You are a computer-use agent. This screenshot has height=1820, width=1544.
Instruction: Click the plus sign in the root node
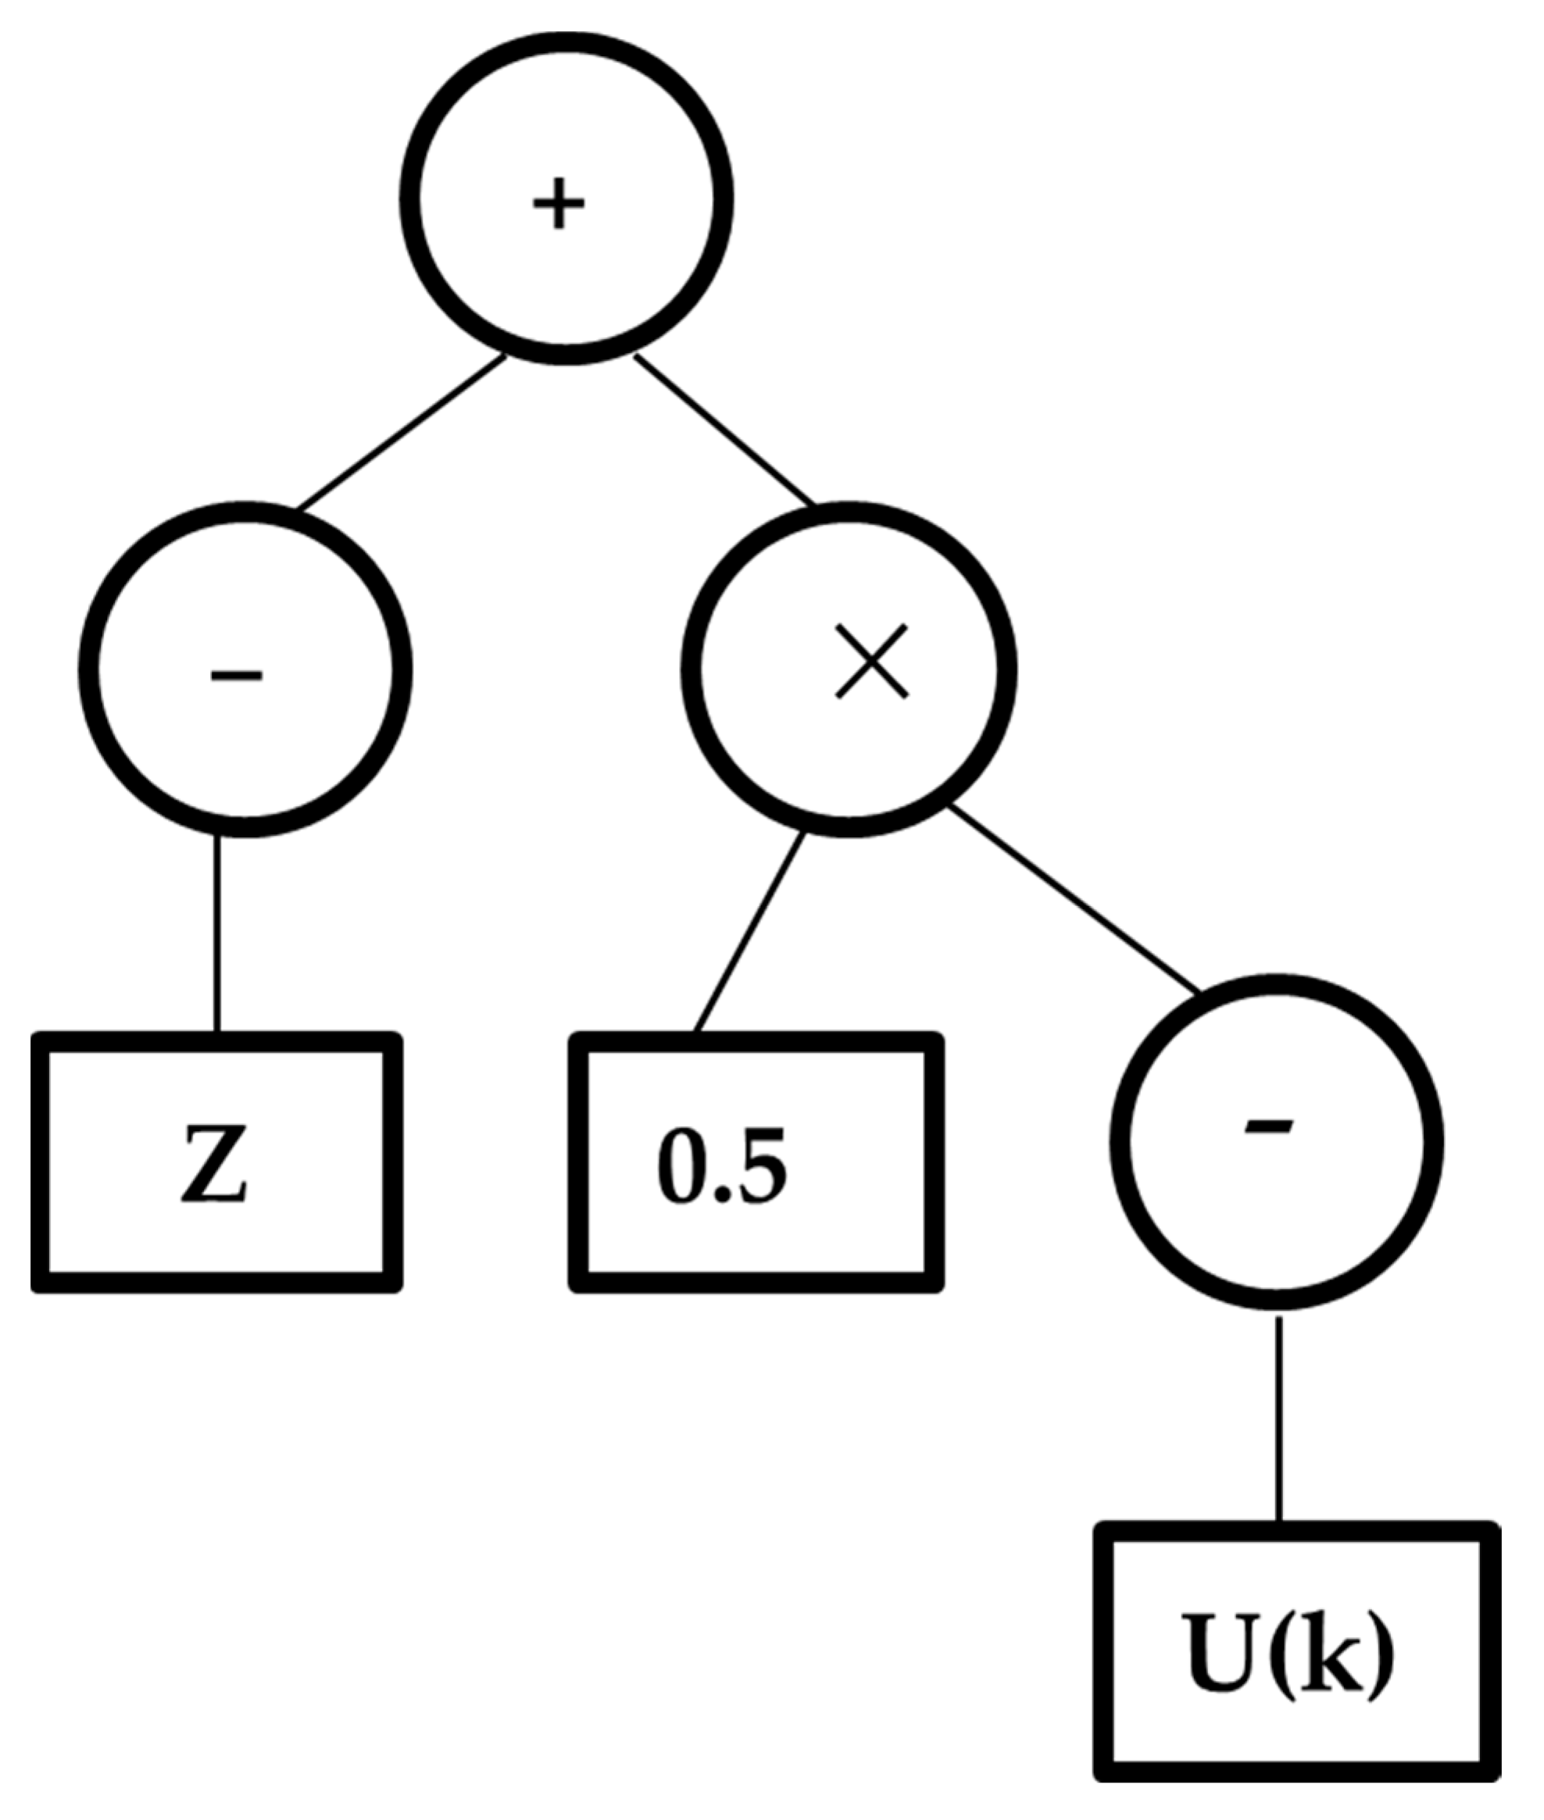(559, 205)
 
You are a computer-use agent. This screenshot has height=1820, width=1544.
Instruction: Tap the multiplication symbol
(872, 662)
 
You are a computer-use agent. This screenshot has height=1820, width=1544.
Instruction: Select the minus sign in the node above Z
(236, 674)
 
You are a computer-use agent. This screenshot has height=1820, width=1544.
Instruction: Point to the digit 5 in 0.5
(760, 1165)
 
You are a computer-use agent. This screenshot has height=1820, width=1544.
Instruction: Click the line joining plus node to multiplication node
(725, 430)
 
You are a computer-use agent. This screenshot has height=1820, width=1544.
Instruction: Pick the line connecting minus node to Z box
(218, 934)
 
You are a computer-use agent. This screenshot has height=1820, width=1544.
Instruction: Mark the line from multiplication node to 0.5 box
(749, 933)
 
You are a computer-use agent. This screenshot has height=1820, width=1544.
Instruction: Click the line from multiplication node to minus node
(1075, 901)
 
